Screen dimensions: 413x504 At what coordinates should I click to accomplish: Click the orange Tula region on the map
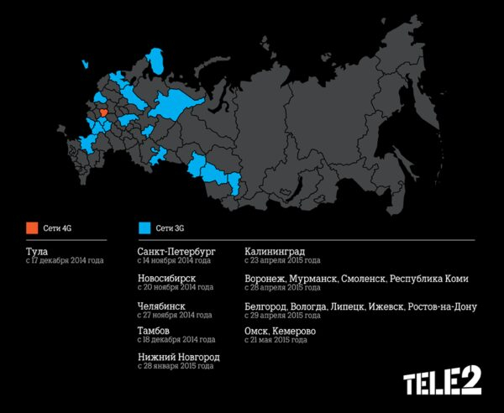coord(103,112)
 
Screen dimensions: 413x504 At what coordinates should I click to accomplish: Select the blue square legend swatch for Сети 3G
coord(144,227)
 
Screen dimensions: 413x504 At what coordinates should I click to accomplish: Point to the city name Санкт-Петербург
coord(176,251)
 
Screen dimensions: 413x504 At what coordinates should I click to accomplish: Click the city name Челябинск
coord(161,306)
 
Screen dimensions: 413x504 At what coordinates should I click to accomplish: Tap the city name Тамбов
coord(157,332)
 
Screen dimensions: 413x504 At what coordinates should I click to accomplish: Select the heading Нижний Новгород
coord(178,358)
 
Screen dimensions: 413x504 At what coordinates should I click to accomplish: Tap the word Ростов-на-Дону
coord(443,306)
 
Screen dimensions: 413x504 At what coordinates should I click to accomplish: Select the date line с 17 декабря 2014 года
coord(66,261)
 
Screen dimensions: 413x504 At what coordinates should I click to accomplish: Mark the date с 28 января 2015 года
coord(175,368)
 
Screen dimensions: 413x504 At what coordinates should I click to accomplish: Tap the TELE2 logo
coord(443,383)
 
